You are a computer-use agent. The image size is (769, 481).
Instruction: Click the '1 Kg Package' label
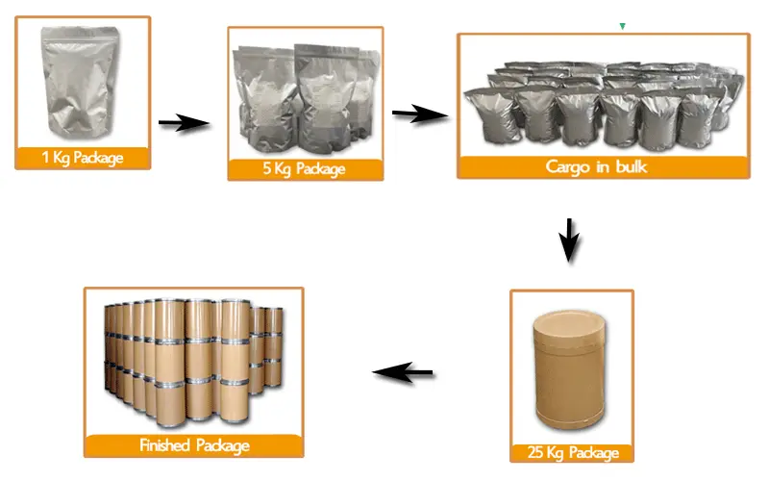point(83,158)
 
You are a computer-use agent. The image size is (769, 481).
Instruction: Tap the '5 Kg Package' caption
point(304,169)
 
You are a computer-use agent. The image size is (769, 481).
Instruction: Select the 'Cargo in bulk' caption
point(596,166)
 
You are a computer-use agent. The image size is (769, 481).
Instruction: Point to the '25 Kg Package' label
point(573,452)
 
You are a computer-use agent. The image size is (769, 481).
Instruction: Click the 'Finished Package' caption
point(195,445)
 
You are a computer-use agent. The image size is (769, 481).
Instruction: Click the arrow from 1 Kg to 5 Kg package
point(185,123)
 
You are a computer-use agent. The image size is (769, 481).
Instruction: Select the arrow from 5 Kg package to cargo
point(420,114)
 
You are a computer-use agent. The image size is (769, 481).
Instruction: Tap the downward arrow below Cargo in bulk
point(569,240)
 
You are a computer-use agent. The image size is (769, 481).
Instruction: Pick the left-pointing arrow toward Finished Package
point(403,372)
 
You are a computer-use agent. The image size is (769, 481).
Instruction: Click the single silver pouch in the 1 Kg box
point(80,82)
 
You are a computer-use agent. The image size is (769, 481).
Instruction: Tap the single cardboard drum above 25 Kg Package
point(571,370)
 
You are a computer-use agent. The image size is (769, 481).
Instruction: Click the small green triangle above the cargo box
point(622,26)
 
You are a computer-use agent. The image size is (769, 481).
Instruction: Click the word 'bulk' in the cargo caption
point(632,166)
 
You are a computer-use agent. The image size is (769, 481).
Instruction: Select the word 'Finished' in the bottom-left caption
point(164,444)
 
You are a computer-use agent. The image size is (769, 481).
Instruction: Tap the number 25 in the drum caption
point(535,452)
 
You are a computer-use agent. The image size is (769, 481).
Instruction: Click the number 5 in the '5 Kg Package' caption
point(267,168)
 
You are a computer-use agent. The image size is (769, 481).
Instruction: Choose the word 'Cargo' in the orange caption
point(567,167)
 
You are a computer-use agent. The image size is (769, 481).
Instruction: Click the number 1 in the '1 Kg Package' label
point(45,157)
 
